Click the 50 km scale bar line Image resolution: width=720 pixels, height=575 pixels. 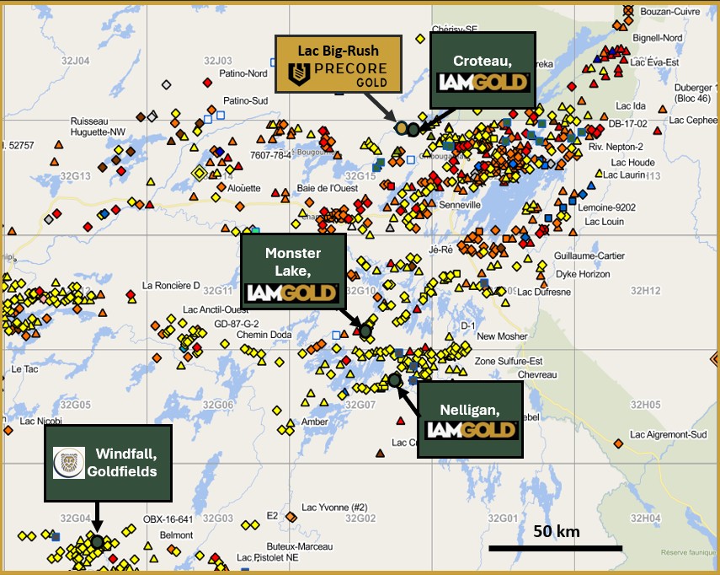[555, 548]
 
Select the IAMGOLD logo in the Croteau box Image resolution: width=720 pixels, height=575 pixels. [483, 83]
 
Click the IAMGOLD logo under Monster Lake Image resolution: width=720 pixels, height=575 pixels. [292, 293]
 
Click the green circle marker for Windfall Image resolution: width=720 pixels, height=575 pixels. [98, 541]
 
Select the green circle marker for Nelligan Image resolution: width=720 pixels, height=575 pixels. [394, 380]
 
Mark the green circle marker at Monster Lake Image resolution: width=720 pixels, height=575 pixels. [365, 330]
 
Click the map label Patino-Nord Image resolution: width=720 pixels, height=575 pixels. [243, 73]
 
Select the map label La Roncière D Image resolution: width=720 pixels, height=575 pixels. [172, 285]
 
